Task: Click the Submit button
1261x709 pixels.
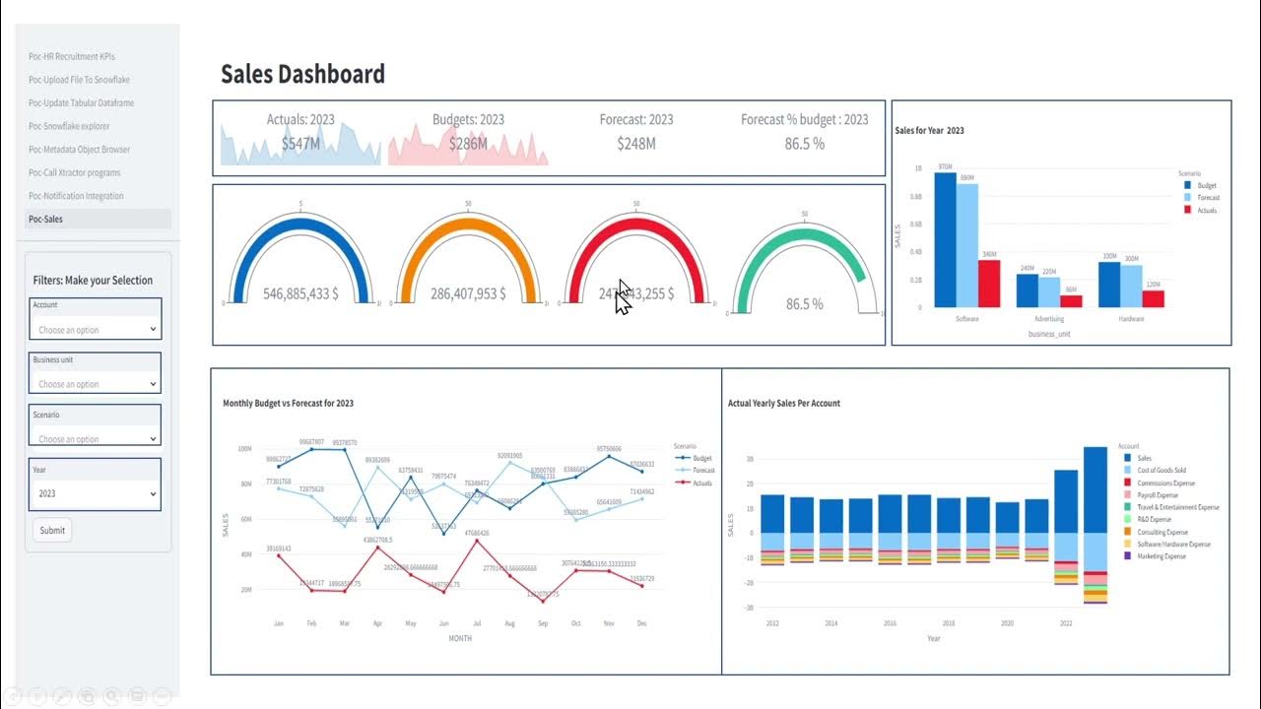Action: click(x=52, y=530)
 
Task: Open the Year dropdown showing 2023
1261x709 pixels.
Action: click(x=96, y=493)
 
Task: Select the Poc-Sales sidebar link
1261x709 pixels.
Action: click(x=46, y=219)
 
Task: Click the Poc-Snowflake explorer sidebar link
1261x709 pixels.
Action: click(x=69, y=126)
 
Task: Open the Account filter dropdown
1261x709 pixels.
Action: click(x=96, y=329)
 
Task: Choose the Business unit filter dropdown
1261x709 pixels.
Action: click(x=96, y=384)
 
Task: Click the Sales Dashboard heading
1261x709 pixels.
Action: click(x=302, y=74)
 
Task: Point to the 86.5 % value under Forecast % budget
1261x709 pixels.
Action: click(x=805, y=144)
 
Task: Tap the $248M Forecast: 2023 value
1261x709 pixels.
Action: click(x=636, y=144)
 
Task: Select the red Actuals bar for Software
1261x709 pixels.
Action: click(x=988, y=284)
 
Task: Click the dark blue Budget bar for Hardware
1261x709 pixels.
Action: click(x=1109, y=284)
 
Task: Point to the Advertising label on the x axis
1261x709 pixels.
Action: click(x=1048, y=319)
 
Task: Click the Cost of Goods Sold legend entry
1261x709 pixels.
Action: click(x=1161, y=471)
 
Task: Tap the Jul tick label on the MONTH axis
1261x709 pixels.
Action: click(x=477, y=623)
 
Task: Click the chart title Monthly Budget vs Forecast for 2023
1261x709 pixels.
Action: click(x=288, y=403)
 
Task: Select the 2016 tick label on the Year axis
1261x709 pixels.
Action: click(x=890, y=623)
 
